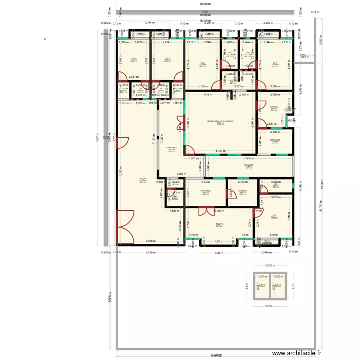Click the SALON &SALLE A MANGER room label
pyautogui.click(x=220, y=121)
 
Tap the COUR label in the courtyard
pyautogui.click(x=143, y=179)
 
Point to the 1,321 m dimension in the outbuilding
pyautogui.click(x=262, y=276)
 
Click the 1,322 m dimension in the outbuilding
pyautogui.click(x=277, y=276)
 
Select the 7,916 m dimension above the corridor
pyautogui.click(x=249, y=157)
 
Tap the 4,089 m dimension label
pyautogui.click(x=181, y=173)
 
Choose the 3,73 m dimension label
pyautogui.click(x=206, y=182)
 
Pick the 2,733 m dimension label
pyautogui.click(x=243, y=182)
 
